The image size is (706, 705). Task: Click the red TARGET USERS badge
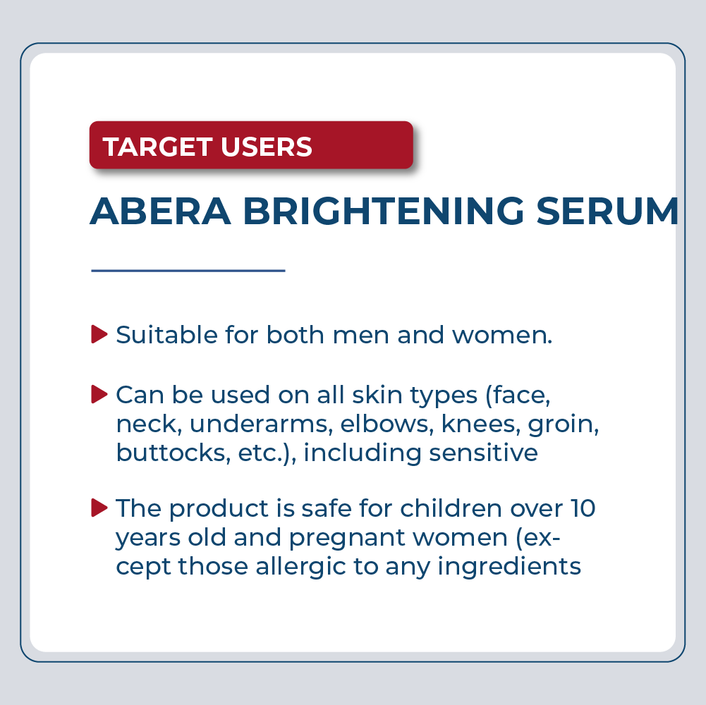[x=250, y=146]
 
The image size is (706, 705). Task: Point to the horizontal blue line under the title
[x=188, y=271]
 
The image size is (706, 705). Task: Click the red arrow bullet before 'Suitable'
[x=99, y=334]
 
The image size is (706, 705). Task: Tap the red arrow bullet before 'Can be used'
[x=99, y=394]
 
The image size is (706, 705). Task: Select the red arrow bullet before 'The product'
[x=99, y=507]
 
